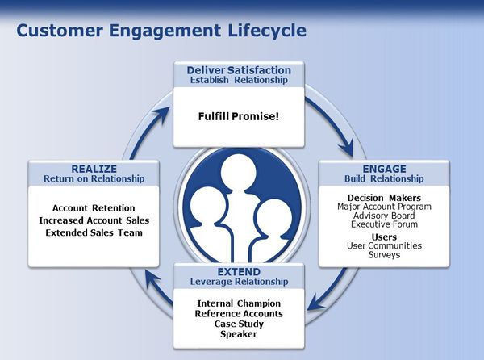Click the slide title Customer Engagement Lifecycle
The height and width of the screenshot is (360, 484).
(x=161, y=31)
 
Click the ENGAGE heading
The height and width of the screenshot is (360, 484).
(x=384, y=168)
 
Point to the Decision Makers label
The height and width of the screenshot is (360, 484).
(x=384, y=198)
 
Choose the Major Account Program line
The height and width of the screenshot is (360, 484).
(x=384, y=207)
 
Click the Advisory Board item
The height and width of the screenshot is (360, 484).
(x=384, y=216)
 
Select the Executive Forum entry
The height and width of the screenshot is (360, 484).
(x=384, y=225)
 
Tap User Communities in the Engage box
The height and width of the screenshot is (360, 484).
(x=384, y=245)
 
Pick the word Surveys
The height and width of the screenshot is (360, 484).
(x=384, y=255)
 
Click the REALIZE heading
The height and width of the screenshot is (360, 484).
(x=94, y=168)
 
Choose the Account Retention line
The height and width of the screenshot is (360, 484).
(x=94, y=208)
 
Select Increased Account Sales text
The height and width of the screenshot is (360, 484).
(x=94, y=220)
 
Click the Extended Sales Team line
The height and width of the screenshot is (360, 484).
(x=94, y=232)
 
